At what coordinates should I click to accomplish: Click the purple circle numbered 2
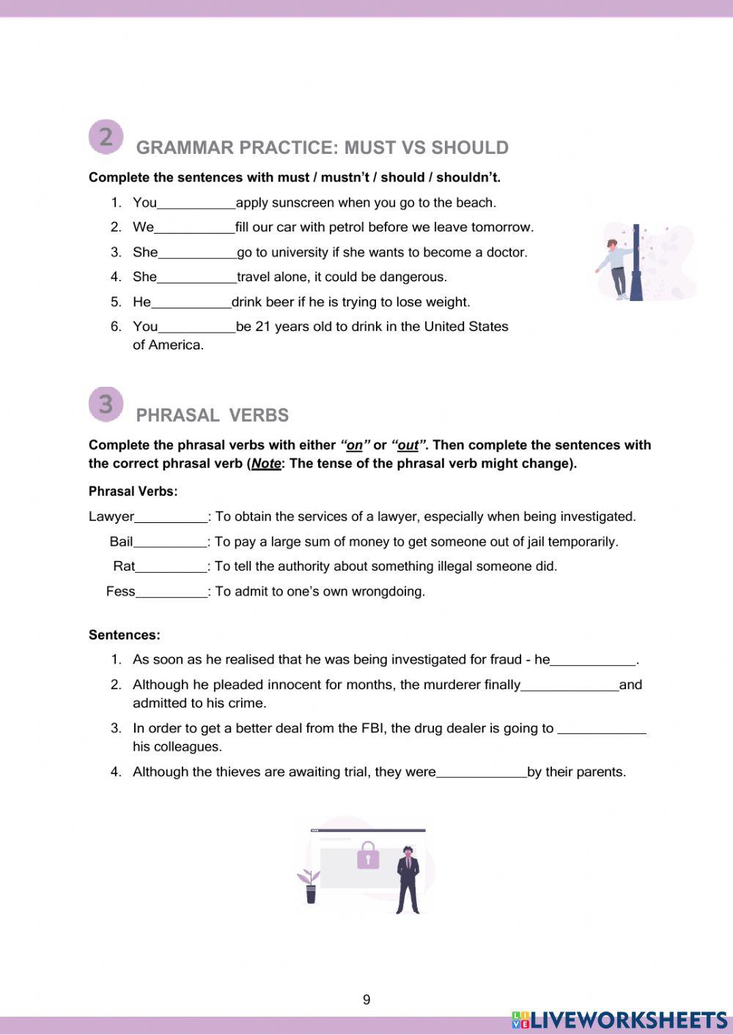(x=106, y=137)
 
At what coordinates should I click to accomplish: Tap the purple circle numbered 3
(x=106, y=404)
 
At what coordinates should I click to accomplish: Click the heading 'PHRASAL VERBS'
(x=213, y=415)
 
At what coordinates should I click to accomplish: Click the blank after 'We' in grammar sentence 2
(x=194, y=229)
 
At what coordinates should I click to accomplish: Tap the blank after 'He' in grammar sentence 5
(x=191, y=303)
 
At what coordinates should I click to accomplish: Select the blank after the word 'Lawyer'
(x=171, y=518)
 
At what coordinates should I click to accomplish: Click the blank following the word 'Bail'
(x=170, y=543)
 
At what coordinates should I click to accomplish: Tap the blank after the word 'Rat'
(x=172, y=568)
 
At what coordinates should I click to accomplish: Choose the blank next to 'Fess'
(x=172, y=593)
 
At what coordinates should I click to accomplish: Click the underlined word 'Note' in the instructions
(x=266, y=464)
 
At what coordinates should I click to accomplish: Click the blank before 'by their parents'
(x=482, y=773)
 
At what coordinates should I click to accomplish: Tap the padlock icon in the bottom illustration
(x=368, y=856)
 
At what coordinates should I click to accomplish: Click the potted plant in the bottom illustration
(x=310, y=886)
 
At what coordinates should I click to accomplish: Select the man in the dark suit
(x=408, y=879)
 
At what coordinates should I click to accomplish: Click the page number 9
(x=366, y=1000)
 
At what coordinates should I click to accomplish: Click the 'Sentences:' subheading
(x=124, y=636)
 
